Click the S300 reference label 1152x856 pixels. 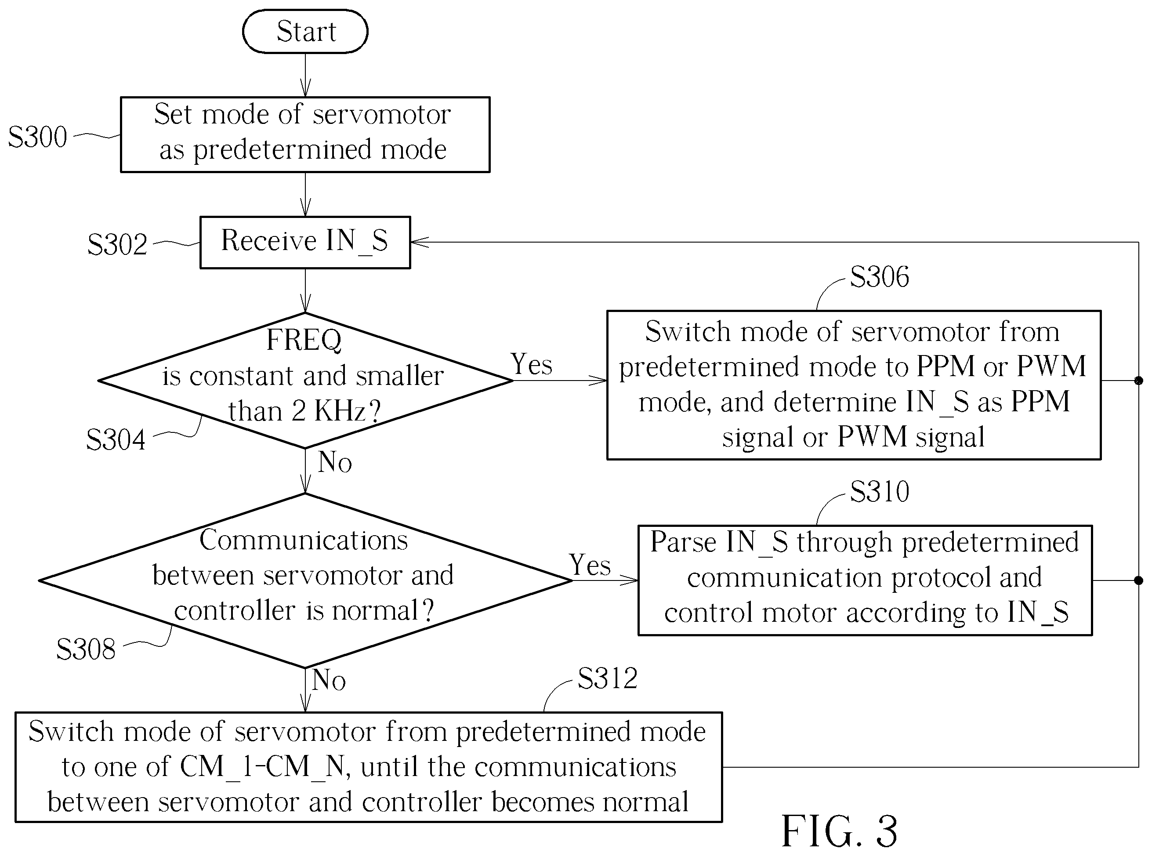coord(37,137)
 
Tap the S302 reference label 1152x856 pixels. coord(117,245)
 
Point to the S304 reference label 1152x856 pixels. coord(116,440)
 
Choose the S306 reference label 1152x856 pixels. coord(880,277)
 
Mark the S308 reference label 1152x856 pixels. coord(86,649)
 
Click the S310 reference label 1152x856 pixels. coord(880,491)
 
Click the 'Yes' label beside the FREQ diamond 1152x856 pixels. coord(532,364)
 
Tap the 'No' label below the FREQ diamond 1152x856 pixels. coord(335,462)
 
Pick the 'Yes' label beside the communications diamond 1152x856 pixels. coord(590,564)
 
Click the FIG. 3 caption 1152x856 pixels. coord(839,831)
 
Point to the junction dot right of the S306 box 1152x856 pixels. coord(1138,381)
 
